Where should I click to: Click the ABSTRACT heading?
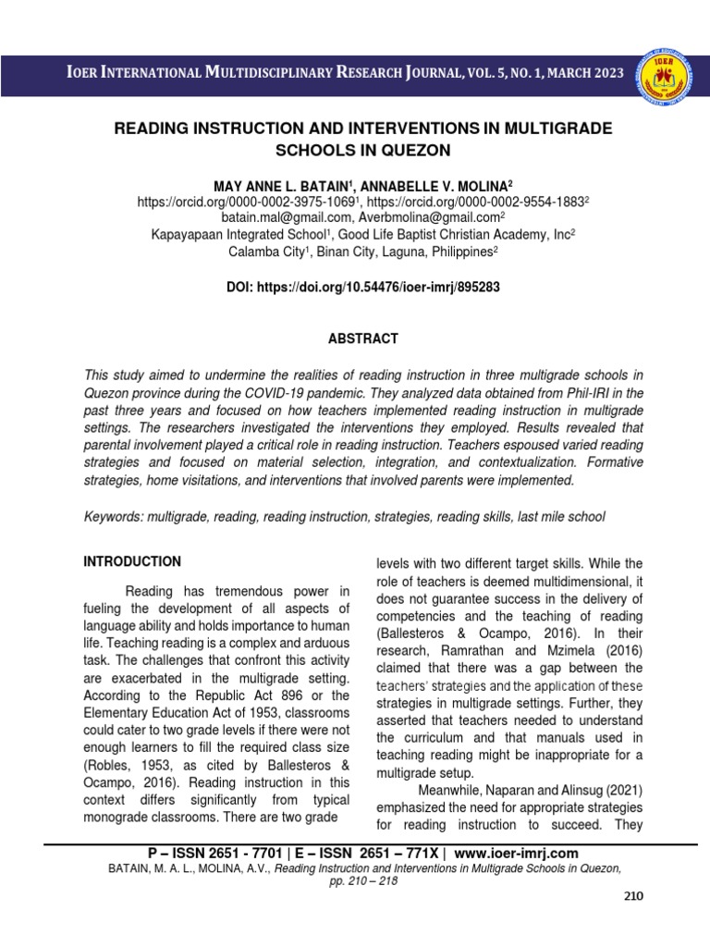point(362,339)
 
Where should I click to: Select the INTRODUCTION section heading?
point(132,561)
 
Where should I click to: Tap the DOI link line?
point(362,288)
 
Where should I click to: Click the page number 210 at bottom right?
point(632,896)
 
